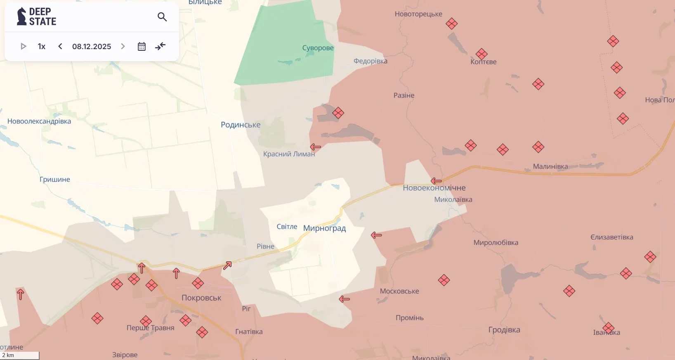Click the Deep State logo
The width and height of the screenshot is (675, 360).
pyautogui.click(x=36, y=17)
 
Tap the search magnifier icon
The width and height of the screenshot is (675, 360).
pyautogui.click(x=162, y=17)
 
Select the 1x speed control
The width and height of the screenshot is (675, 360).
pyautogui.click(x=42, y=47)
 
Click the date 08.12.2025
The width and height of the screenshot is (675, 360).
pyautogui.click(x=92, y=47)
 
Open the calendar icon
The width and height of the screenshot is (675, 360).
pyautogui.click(x=142, y=47)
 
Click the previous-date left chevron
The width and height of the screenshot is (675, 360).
pyautogui.click(x=60, y=47)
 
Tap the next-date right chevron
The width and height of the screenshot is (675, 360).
pyautogui.click(x=123, y=47)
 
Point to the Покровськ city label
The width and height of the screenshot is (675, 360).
pyautogui.click(x=201, y=298)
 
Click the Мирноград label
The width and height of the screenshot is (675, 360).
pyautogui.click(x=324, y=228)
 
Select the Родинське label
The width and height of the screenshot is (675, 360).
pyautogui.click(x=241, y=125)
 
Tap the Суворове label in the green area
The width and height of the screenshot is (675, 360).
pyautogui.click(x=318, y=48)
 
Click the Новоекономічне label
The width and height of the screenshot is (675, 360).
pyautogui.click(x=434, y=188)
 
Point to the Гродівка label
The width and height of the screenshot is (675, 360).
pyautogui.click(x=504, y=330)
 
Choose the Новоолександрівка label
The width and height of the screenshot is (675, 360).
pyautogui.click(x=39, y=121)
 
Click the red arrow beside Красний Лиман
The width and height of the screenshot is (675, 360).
pyautogui.click(x=316, y=147)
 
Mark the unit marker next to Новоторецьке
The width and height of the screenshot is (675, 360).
pyautogui.click(x=452, y=24)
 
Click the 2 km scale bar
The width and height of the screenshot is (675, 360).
pyautogui.click(x=19, y=355)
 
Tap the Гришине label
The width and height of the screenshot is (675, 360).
pyautogui.click(x=55, y=180)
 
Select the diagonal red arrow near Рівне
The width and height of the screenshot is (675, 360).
pyautogui.click(x=227, y=265)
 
